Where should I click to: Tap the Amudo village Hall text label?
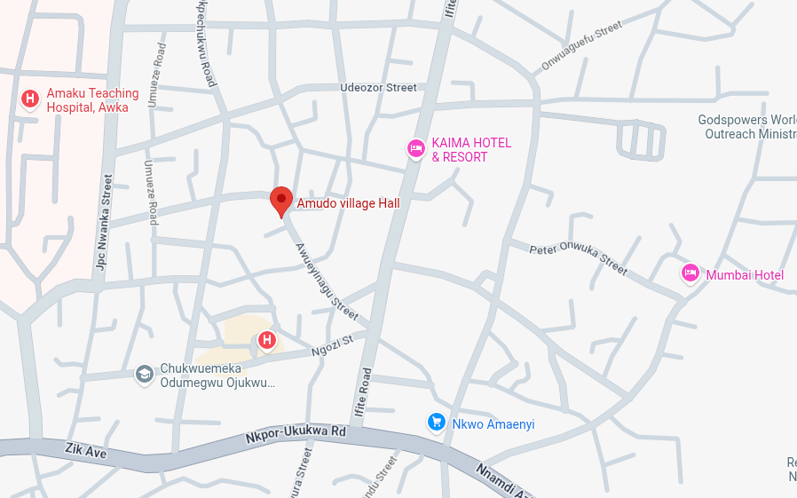(348, 203)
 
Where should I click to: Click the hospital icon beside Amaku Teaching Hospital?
(30, 99)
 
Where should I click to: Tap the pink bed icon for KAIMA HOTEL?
(415, 149)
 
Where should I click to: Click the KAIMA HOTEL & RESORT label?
(471, 150)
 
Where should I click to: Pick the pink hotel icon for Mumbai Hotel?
(690, 273)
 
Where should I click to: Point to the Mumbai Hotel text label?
(745, 275)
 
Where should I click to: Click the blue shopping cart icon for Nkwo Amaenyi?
(436, 423)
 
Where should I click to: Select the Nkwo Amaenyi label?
(493, 424)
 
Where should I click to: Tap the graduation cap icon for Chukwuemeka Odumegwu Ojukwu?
(144, 375)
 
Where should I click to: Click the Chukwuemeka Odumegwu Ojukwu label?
(217, 376)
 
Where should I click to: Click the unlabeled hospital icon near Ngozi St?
(266, 340)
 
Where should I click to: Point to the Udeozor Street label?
(378, 88)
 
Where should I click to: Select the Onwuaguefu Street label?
(582, 48)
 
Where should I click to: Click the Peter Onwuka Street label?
(578, 258)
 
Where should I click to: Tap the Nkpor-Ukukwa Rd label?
(296, 435)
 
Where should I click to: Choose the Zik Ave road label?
(85, 451)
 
